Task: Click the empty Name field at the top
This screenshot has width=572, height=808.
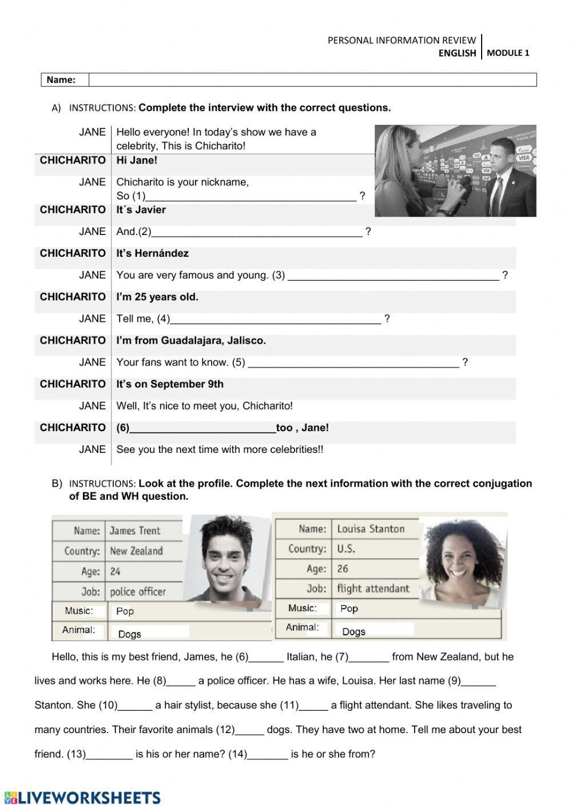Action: pos(312,80)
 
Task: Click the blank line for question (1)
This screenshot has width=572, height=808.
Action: pos(251,195)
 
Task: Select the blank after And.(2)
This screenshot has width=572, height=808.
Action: pos(257,231)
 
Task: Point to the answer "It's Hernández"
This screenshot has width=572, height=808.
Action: pos(152,253)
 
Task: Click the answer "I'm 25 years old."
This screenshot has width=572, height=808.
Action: pos(157,297)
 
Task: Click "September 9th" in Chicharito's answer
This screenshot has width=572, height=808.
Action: pos(187,384)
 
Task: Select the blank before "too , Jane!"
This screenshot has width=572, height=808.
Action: pos(203,427)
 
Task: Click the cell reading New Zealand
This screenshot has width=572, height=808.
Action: pos(136,551)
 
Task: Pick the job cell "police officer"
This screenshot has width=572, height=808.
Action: pos(137,592)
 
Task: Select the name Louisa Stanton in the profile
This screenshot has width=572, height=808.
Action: pos(371,529)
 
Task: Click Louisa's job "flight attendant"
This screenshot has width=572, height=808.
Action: pos(373,588)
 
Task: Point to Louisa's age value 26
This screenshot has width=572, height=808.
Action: pos(343,568)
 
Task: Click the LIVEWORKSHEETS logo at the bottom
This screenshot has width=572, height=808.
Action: pos(82,798)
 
